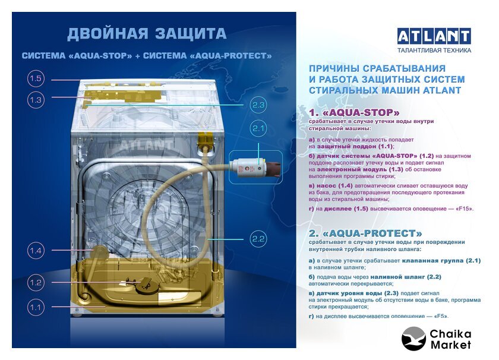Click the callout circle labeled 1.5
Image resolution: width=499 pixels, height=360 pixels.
coord(35,78)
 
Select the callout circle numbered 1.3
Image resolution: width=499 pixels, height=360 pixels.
coord(35,100)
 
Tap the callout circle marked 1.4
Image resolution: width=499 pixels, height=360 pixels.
coord(35,251)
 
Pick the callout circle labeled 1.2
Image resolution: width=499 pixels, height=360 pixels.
coord(35,282)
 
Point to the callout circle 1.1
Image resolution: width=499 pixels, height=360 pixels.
coord(35,308)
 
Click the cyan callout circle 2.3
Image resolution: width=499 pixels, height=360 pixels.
coord(258,105)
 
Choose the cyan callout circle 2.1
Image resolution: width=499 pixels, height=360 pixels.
coord(258,128)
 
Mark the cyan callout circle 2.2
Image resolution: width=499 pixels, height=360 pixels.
coord(258,239)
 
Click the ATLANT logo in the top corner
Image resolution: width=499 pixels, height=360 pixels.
coord(434,37)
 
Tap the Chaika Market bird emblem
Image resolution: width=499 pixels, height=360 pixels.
coord(413,339)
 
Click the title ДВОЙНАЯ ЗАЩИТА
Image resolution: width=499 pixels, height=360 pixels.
coord(147,34)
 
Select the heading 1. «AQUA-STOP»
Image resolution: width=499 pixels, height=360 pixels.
coord(354,113)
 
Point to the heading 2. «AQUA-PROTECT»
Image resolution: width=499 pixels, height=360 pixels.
coord(365,233)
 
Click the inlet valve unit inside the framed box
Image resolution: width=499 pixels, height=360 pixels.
coord(255,167)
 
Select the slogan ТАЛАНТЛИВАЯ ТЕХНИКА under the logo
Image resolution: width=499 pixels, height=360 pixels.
coord(434,50)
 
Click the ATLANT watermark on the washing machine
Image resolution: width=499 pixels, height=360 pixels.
coord(146,146)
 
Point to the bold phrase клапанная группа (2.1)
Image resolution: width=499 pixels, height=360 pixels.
coord(441,261)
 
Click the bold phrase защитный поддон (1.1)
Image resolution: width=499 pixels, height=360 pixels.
coord(355,146)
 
